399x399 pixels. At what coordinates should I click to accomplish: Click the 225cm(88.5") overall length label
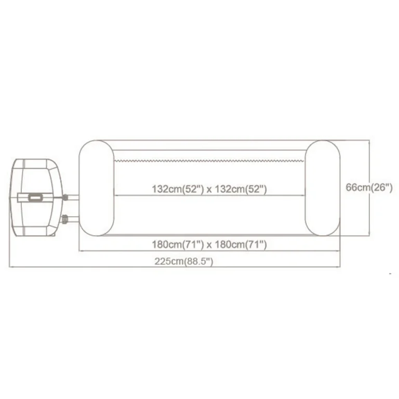point(184,261)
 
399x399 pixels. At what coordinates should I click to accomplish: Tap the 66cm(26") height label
point(369,188)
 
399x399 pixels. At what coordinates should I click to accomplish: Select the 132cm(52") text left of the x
point(178,189)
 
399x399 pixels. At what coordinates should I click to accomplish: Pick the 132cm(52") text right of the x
point(241,189)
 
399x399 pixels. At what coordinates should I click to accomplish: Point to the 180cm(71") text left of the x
point(178,245)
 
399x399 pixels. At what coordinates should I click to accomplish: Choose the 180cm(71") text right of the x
point(241,245)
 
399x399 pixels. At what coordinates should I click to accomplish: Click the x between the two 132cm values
point(209,190)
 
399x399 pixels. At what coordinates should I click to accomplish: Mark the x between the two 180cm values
point(209,246)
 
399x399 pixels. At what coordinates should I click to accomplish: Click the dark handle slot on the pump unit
point(35,197)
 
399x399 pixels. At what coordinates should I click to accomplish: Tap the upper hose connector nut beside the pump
point(65,197)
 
